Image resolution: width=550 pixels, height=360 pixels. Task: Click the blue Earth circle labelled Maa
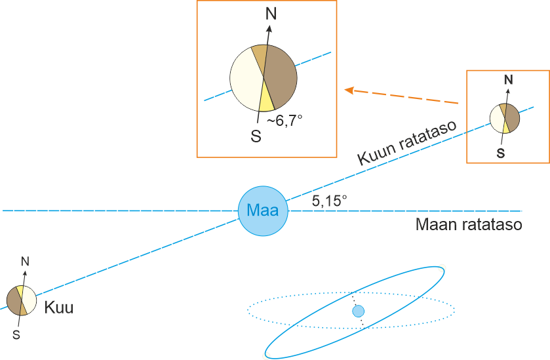[263, 210]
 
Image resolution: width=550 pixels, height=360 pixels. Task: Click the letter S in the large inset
[256, 137]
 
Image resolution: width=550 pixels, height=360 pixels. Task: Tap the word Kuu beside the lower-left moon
[58, 307]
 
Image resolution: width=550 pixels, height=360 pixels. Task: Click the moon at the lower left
[21, 301]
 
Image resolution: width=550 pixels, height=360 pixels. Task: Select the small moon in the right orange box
[505, 119]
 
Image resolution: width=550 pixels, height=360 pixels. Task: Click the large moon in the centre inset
[264, 78]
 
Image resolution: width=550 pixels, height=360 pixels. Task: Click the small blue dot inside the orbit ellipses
[358, 311]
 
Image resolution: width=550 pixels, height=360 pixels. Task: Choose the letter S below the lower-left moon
[18, 335]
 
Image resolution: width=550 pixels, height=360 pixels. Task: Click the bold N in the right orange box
[508, 79]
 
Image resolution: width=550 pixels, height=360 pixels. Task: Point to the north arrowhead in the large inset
[269, 29]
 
